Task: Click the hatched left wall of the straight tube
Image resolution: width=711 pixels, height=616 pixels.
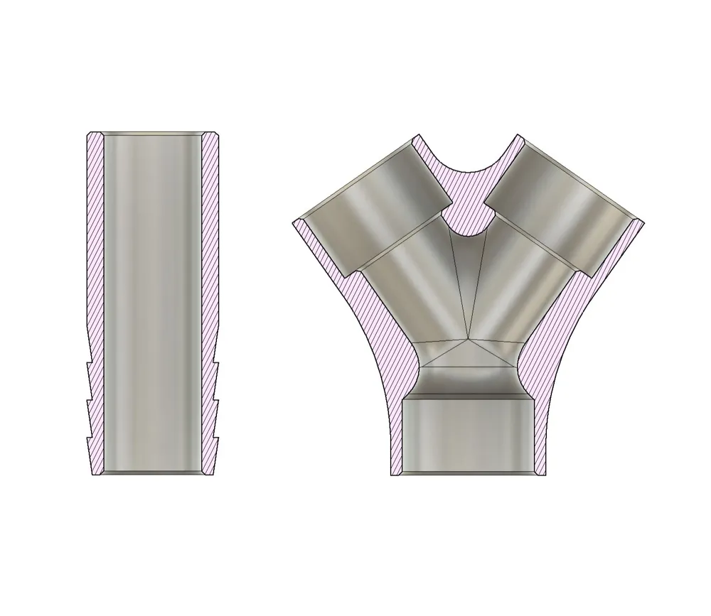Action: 95,249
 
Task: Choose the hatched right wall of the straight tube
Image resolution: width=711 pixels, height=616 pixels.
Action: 210,249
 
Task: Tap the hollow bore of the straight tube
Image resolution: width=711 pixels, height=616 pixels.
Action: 152,284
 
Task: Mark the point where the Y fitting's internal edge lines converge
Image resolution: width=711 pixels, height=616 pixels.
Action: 469,340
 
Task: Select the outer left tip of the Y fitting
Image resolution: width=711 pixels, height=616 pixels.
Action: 294,223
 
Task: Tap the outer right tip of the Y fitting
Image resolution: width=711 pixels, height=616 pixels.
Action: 643,223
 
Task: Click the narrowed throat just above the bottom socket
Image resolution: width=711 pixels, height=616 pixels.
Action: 469,380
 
